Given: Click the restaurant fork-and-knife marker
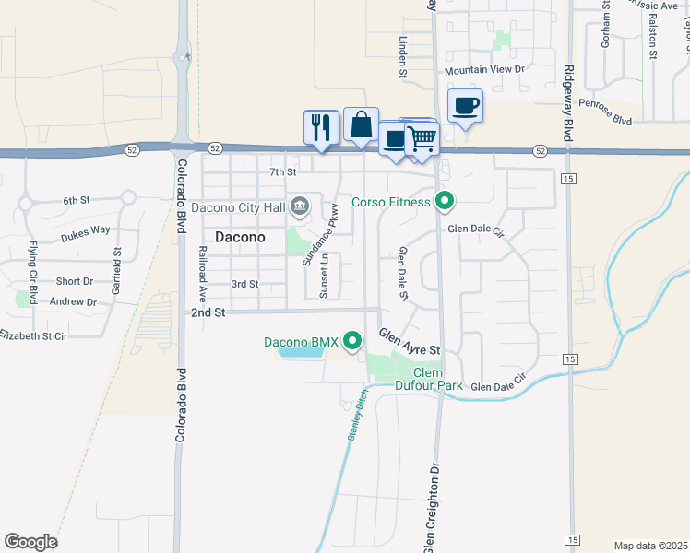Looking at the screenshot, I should [321, 126].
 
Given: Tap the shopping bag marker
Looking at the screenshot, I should [361, 124].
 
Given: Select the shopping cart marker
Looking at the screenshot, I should [422, 138].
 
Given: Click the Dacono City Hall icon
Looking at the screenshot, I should [300, 207].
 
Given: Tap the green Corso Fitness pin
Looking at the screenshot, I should [446, 200].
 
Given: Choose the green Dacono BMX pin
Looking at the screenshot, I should [351, 342].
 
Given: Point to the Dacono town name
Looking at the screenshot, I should [240, 237].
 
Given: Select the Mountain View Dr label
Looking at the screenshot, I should [483, 70].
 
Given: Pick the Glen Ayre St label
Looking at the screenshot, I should [410, 342].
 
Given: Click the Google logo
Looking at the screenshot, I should [30, 542].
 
